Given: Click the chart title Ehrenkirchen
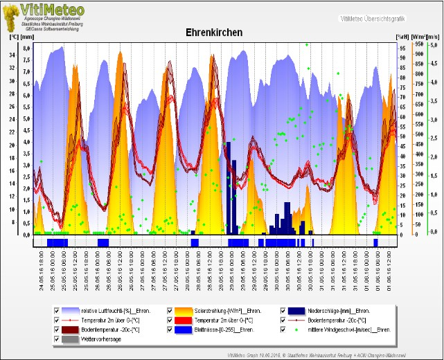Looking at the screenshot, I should pos(214,33).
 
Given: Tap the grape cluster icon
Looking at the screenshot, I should pos(10,15).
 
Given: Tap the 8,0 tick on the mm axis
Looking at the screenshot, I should pos(26,48).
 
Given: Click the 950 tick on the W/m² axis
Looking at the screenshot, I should pos(418,44).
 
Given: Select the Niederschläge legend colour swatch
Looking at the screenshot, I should pos(297,311).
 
